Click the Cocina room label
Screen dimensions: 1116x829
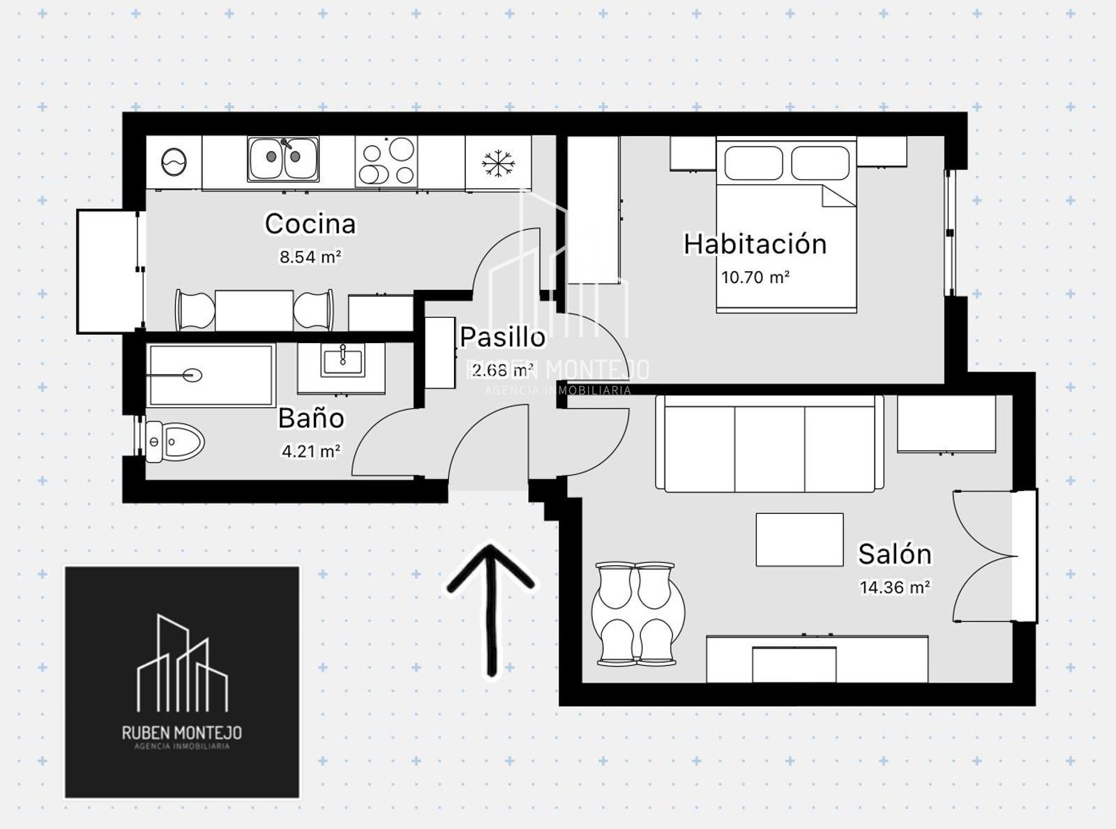click(x=310, y=223)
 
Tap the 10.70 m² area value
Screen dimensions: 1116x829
click(x=755, y=277)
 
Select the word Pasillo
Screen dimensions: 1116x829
click(x=503, y=337)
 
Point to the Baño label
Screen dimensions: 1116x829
click(x=311, y=418)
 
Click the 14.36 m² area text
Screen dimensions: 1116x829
click(x=895, y=587)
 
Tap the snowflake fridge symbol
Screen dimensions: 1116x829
click(x=498, y=163)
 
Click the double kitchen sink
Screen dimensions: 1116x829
click(x=283, y=158)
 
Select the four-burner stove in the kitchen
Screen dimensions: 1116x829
click(x=386, y=162)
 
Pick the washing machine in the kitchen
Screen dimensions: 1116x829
click(x=174, y=162)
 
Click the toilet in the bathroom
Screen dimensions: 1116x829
click(x=174, y=442)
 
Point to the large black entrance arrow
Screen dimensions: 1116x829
click(x=490, y=609)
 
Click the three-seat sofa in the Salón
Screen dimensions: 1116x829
click(x=769, y=443)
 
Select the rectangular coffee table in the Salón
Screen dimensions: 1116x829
click(x=799, y=539)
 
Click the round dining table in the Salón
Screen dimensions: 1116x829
click(x=638, y=613)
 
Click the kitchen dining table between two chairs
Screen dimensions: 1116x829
click(x=254, y=310)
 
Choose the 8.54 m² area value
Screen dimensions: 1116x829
click(x=310, y=257)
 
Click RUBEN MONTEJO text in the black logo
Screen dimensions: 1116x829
click(x=181, y=732)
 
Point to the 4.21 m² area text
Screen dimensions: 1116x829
click(x=311, y=451)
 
